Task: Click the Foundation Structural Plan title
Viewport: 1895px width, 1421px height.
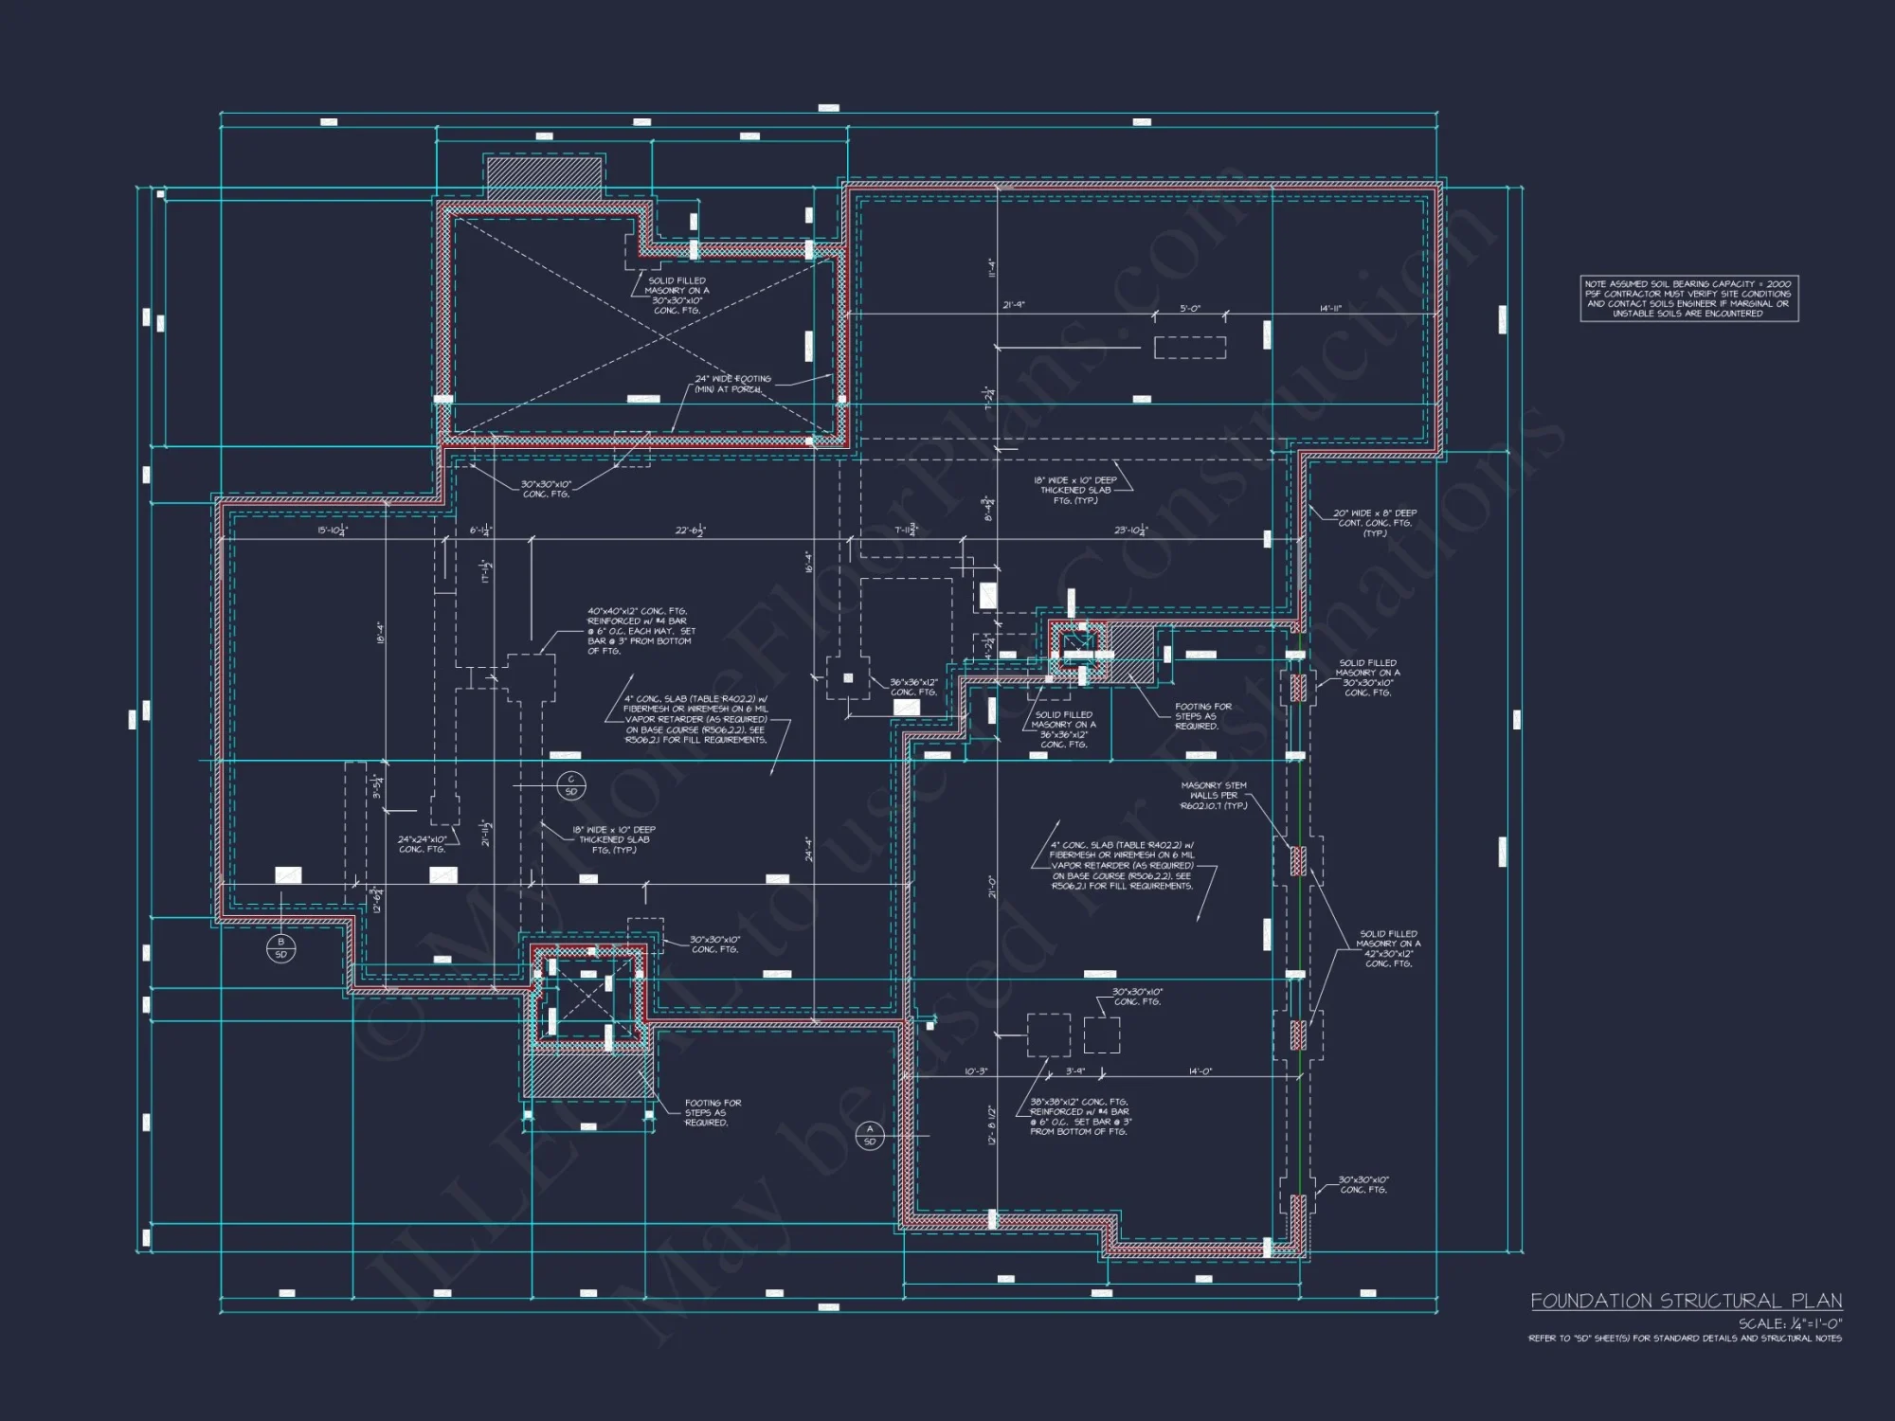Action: click(x=1686, y=1301)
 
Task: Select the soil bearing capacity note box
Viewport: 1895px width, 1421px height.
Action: click(x=1688, y=298)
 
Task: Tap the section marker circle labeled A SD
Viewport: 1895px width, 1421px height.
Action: click(x=870, y=1135)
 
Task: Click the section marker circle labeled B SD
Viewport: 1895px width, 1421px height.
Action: click(x=280, y=947)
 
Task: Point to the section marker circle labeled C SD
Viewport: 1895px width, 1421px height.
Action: click(x=570, y=785)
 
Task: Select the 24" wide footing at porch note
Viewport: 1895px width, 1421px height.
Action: click(x=732, y=384)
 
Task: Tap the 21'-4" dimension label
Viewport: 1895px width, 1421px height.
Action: click(x=1014, y=306)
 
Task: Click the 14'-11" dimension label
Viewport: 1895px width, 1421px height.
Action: click(x=1330, y=308)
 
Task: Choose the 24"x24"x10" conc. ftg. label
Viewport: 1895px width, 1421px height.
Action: click(x=422, y=844)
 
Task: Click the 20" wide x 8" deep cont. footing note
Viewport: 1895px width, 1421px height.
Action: click(x=1375, y=523)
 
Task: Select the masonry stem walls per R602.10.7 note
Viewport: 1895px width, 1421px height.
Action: click(x=1214, y=796)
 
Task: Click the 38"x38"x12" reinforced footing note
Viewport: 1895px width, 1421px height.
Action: click(x=1079, y=1116)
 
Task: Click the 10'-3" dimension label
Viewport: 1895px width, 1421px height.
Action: click(x=976, y=1071)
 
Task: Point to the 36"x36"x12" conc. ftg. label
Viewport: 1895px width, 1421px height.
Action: click(x=913, y=687)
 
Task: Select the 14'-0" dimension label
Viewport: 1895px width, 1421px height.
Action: click(x=1200, y=1071)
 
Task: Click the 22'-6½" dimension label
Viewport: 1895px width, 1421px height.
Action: click(x=690, y=531)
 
